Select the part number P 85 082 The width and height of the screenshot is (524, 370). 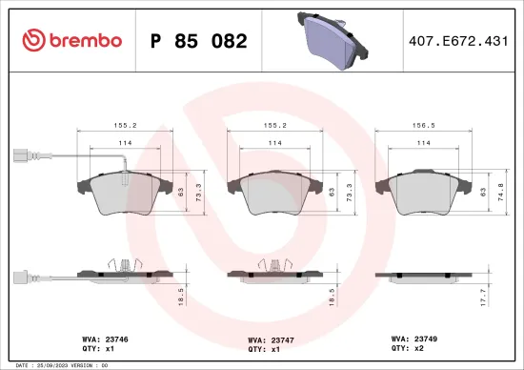coord(199,41)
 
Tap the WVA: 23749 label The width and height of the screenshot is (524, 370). coord(415,338)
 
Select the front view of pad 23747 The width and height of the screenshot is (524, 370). coord(273,195)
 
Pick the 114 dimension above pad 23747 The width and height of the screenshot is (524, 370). coord(273,144)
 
